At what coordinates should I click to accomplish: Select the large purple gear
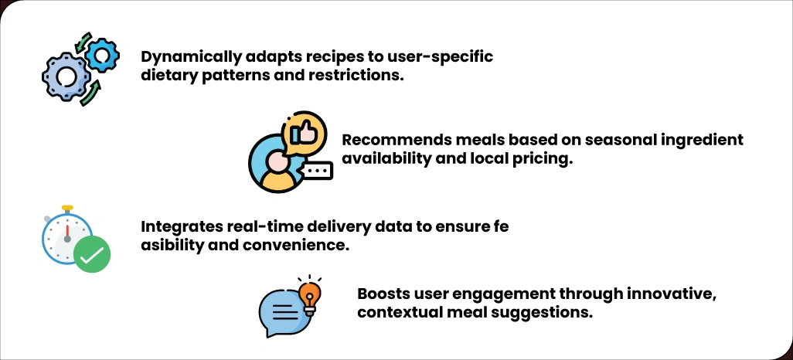tap(64, 76)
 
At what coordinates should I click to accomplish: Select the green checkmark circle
tap(92, 254)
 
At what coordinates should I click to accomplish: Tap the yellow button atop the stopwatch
tap(68, 209)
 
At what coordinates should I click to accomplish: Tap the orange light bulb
tap(309, 294)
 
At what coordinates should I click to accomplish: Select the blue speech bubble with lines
tap(281, 313)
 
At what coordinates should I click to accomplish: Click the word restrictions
tap(361, 76)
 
